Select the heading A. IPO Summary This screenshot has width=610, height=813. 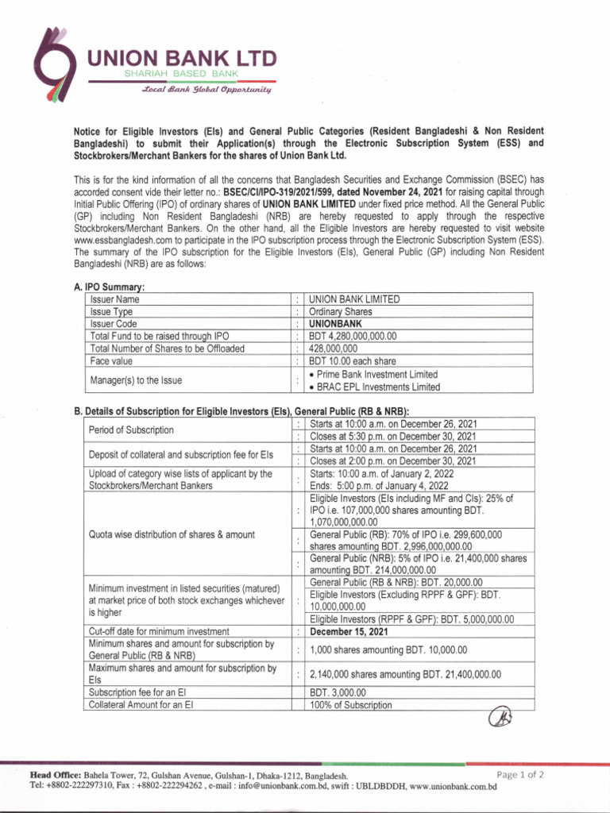pyautogui.click(x=109, y=287)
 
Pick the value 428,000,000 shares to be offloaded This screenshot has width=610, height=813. pyautogui.click(x=333, y=349)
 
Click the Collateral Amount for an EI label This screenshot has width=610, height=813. pyautogui.click(x=141, y=704)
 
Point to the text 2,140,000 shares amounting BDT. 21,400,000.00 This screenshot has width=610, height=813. pyautogui.click(x=405, y=674)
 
